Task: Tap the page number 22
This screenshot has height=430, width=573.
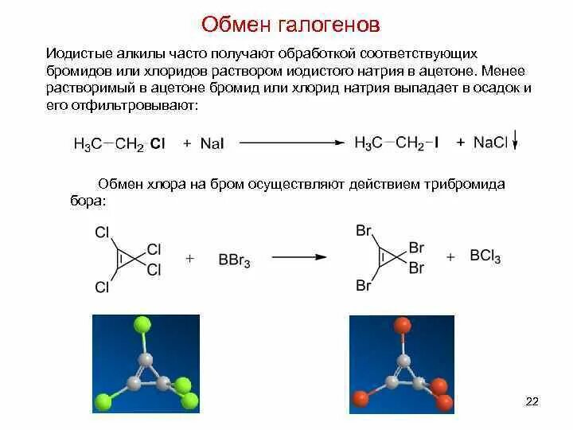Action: click(x=532, y=401)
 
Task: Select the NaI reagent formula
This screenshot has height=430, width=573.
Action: click(x=212, y=144)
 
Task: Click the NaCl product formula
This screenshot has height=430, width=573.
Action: click(x=490, y=143)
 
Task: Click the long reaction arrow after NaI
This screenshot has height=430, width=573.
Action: click(x=292, y=143)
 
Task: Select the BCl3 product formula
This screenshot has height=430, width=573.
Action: click(x=485, y=257)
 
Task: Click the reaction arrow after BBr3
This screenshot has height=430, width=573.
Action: click(x=300, y=258)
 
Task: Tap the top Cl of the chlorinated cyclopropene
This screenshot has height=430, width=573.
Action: click(x=102, y=233)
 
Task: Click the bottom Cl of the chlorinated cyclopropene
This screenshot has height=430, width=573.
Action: click(x=102, y=287)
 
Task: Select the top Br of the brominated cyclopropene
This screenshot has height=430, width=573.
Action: click(x=364, y=231)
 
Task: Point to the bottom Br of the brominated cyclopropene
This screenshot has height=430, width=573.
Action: click(x=364, y=284)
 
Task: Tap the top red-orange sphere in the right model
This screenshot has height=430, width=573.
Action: click(x=403, y=324)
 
